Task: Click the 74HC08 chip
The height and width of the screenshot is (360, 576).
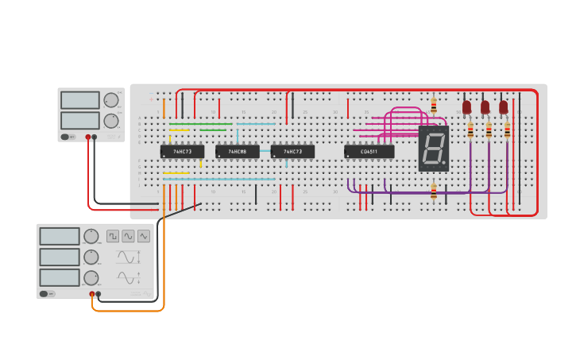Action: click(x=237, y=151)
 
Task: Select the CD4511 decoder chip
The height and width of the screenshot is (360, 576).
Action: click(x=369, y=151)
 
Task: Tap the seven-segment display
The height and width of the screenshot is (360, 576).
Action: click(x=433, y=148)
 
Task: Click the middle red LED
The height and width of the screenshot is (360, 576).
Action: click(x=485, y=106)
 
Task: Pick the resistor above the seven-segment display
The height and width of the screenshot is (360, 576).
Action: click(x=434, y=105)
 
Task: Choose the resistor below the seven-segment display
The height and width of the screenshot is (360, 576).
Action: click(x=434, y=191)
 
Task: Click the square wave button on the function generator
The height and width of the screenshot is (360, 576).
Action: click(x=113, y=236)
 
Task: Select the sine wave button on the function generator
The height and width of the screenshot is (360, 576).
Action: click(x=128, y=236)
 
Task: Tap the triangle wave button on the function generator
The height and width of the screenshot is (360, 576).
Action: click(x=143, y=236)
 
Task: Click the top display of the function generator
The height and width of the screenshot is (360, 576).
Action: click(x=60, y=236)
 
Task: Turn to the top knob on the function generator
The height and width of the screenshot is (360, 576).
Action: click(x=91, y=236)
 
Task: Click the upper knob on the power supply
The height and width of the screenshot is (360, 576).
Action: click(x=110, y=100)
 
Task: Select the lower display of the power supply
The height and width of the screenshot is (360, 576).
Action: click(x=79, y=120)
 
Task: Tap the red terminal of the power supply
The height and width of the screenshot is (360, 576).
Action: click(x=87, y=137)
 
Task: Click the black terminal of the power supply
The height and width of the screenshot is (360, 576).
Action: click(x=95, y=137)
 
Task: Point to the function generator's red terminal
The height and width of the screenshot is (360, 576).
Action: click(x=92, y=294)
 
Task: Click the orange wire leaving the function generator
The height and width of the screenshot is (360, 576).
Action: click(x=127, y=310)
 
